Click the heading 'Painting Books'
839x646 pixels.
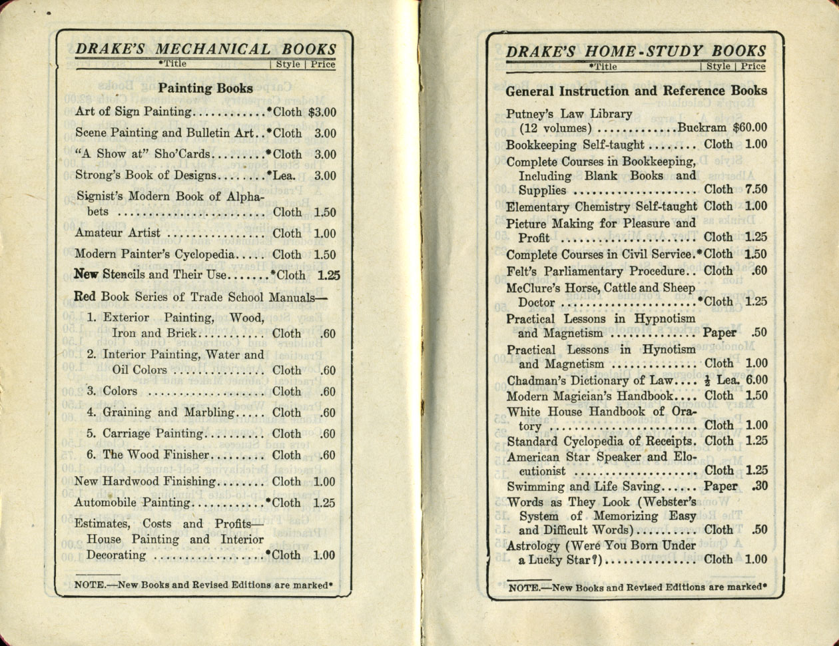205,89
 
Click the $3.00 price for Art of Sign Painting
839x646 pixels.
322,113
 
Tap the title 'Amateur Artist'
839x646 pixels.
117,233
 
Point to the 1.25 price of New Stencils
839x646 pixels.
328,275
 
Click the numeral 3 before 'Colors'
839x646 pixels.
91,391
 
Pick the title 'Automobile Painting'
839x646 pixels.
131,503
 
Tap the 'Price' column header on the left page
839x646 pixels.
324,65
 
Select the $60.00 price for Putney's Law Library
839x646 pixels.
749,128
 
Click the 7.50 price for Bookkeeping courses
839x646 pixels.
756,190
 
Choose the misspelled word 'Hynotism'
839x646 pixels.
669,349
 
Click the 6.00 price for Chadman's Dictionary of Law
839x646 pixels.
756,380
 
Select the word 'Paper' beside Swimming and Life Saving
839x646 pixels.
720,487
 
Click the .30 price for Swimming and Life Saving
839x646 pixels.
759,487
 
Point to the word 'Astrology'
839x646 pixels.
533,545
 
